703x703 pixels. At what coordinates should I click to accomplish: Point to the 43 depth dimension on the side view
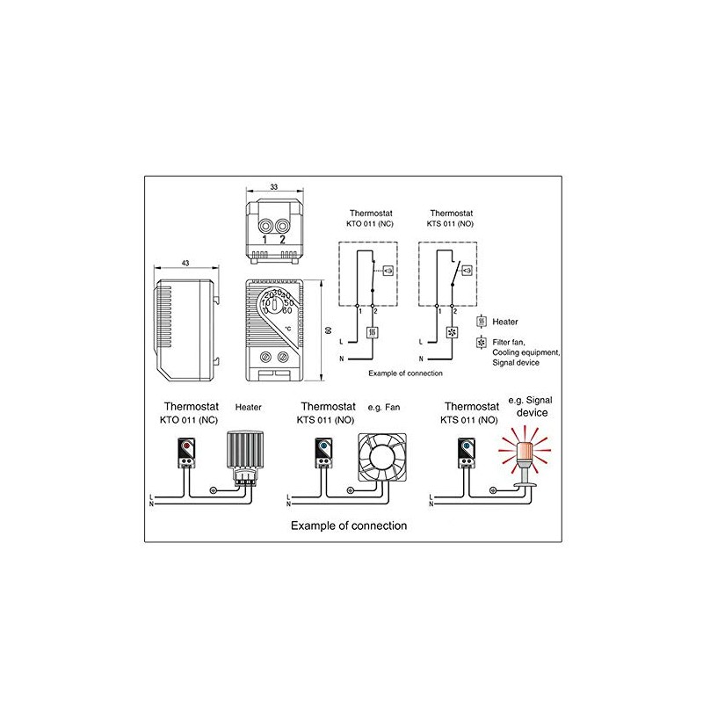[x=185, y=264]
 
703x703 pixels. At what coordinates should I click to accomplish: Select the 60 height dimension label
[x=329, y=330]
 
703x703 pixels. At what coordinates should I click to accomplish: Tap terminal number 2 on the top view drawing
[x=283, y=239]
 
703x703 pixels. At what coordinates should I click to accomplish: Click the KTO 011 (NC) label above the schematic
[x=369, y=224]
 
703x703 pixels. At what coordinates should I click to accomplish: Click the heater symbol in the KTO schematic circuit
[x=373, y=334]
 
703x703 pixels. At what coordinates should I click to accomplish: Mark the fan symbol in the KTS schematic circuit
[x=452, y=334]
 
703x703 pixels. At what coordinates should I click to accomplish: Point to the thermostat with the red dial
[x=188, y=453]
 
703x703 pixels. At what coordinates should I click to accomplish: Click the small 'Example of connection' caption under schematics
[x=405, y=373]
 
